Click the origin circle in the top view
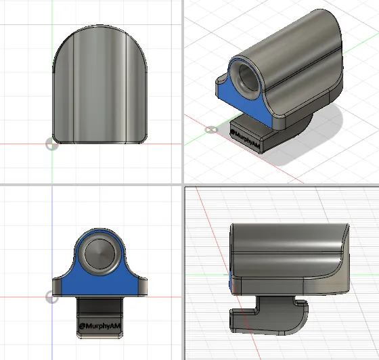(x=52, y=144)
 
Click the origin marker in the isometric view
(x=211, y=130)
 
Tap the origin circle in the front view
(x=52, y=298)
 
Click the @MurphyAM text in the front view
(x=99, y=326)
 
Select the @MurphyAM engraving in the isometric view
(x=244, y=139)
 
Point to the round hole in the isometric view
(x=249, y=78)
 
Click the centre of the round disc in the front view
(x=99, y=254)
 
